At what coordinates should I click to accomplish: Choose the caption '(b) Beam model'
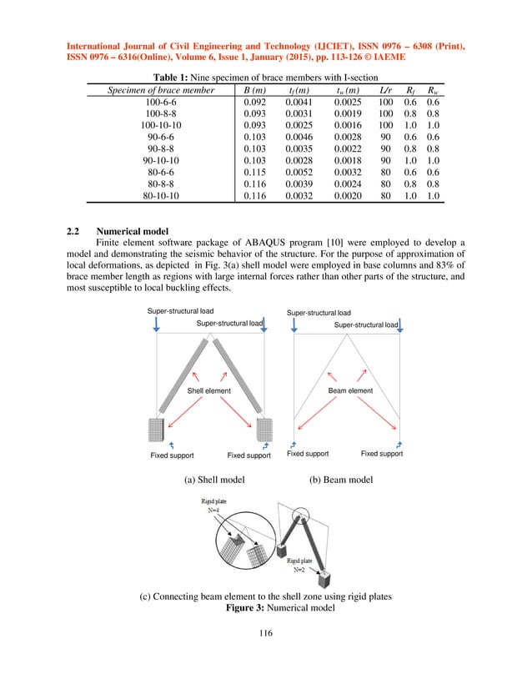click(339, 480)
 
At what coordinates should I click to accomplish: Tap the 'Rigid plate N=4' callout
click(212, 505)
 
